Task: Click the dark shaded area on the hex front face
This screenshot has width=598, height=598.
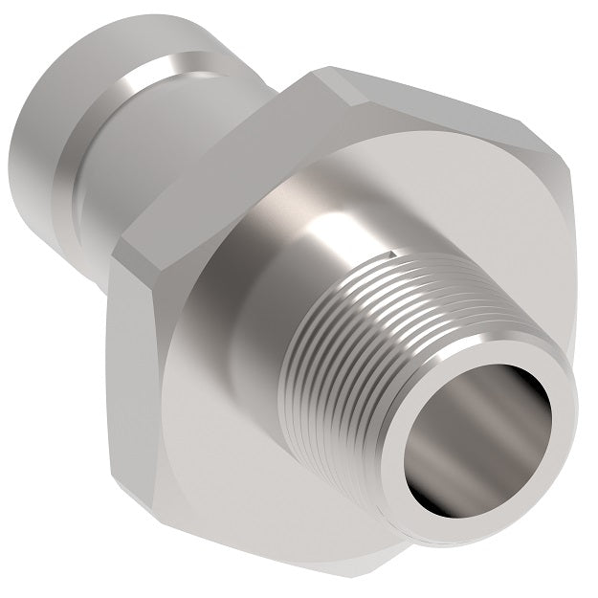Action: [239, 450]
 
